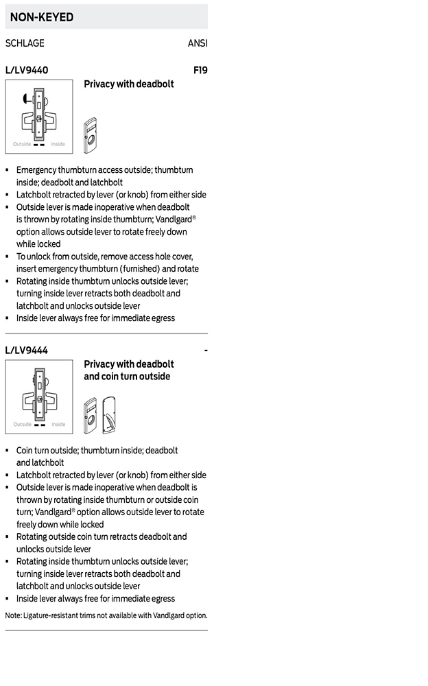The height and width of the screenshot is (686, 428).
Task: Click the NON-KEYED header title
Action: click(42, 17)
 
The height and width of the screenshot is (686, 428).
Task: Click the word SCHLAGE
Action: click(25, 43)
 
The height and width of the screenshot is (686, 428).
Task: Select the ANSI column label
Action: click(198, 43)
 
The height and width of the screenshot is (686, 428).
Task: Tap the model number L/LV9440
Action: click(27, 70)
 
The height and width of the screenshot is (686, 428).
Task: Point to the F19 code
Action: click(200, 70)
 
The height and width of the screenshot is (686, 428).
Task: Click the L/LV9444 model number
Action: click(27, 351)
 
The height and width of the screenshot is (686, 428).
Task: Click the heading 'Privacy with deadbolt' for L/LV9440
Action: click(129, 84)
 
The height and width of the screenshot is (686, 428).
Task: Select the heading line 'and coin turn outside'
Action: click(127, 377)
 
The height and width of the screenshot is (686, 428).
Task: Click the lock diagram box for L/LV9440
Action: click(39, 116)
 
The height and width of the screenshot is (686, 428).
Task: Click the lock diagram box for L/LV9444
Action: click(39, 397)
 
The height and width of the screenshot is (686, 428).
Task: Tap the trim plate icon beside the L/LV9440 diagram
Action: click(90, 135)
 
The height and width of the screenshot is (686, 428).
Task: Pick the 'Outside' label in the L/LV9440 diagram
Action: click(22, 144)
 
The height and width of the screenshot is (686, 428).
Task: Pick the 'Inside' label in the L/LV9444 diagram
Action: click(58, 425)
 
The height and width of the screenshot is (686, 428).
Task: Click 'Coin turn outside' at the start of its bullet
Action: click(48, 451)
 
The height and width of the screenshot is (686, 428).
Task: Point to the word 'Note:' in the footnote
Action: click(13, 615)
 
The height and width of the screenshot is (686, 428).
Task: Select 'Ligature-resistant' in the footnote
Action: click(52, 615)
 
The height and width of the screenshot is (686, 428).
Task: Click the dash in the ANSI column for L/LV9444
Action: click(206, 351)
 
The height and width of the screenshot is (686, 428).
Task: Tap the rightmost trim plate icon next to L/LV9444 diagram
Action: click(108, 414)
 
